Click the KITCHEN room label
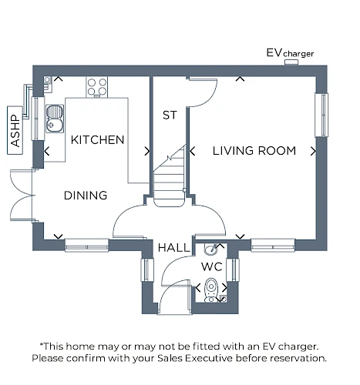(x=97, y=140)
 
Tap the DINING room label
(x=86, y=196)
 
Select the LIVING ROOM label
(x=254, y=151)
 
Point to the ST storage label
(x=170, y=115)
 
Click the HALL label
(x=174, y=248)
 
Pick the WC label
(x=212, y=267)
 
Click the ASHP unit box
(x=15, y=130)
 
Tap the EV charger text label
(x=290, y=53)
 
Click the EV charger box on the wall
(x=291, y=62)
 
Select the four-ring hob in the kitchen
(x=97, y=87)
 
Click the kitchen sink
(x=55, y=119)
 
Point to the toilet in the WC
(x=211, y=290)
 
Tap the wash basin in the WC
(x=212, y=249)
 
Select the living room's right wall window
(x=321, y=115)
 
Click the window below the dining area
(x=86, y=246)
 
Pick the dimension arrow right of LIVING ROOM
(x=313, y=151)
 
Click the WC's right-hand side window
(x=233, y=269)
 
